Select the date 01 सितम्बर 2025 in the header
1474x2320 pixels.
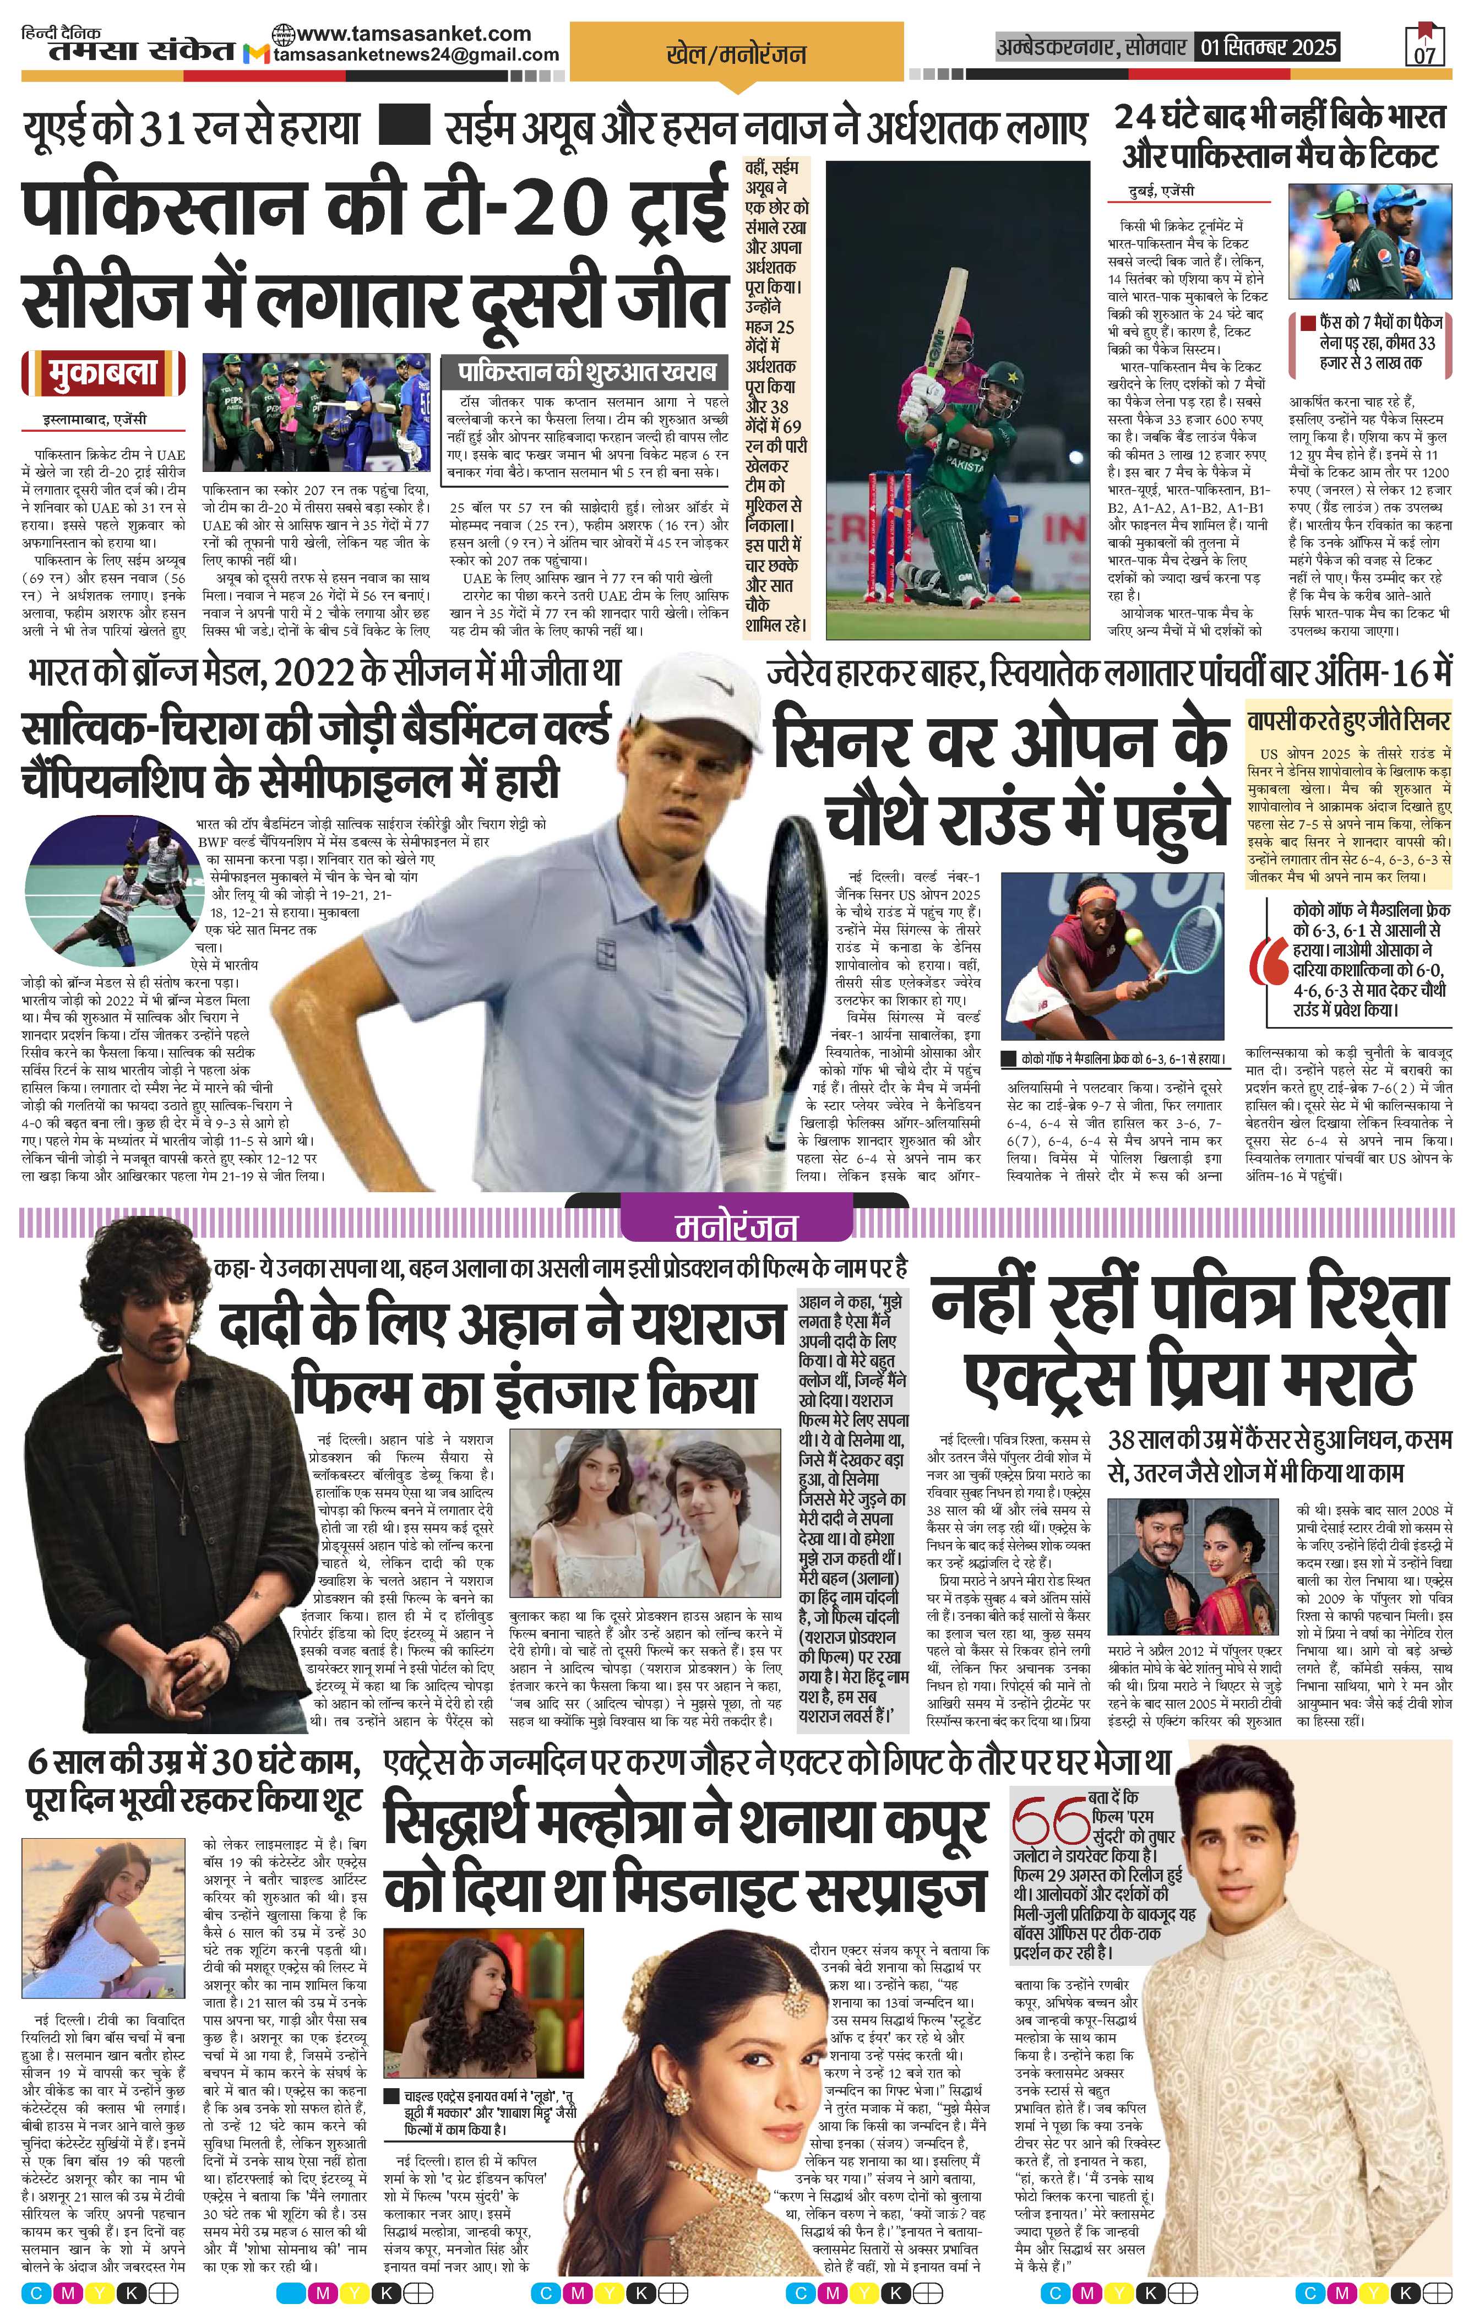coord(1268,46)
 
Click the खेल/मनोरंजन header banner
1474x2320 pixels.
coord(736,55)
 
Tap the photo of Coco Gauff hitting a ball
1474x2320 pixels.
coord(1114,957)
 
